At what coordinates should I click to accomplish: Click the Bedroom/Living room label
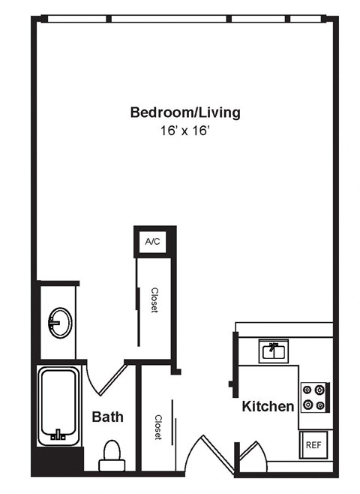pyautogui.click(x=185, y=113)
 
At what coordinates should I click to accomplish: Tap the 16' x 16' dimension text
pyautogui.click(x=185, y=130)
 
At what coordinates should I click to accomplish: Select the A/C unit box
pyautogui.click(x=152, y=241)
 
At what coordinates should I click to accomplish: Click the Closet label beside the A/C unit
pyautogui.click(x=155, y=300)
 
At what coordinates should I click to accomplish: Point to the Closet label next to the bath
pyautogui.click(x=158, y=427)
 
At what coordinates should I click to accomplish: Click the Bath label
pyautogui.click(x=107, y=417)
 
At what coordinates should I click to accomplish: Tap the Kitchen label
pyautogui.click(x=268, y=406)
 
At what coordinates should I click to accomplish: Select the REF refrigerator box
pyautogui.click(x=313, y=444)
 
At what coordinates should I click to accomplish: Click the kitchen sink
pyautogui.click(x=274, y=351)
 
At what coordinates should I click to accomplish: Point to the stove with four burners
pyautogui.click(x=315, y=397)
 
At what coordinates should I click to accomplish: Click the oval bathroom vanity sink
pyautogui.click(x=59, y=324)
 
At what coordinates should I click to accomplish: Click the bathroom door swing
pyautogui.click(x=105, y=379)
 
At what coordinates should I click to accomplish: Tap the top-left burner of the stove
pyautogui.click(x=307, y=390)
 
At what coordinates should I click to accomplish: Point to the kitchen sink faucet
pyautogui.click(x=274, y=348)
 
